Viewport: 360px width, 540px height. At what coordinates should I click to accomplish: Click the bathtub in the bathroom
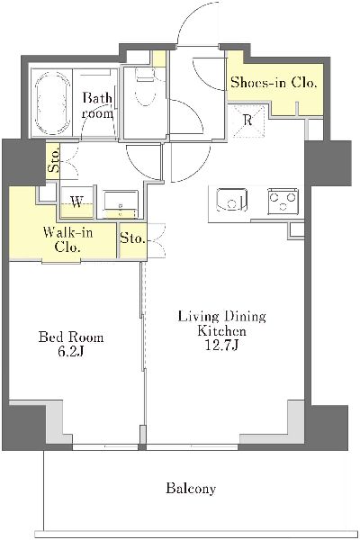[x=52, y=103]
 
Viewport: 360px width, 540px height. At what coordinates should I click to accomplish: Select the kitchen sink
[x=231, y=200]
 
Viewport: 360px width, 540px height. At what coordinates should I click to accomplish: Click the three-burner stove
[x=283, y=202]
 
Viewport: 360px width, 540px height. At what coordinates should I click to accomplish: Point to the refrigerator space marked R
[x=248, y=121]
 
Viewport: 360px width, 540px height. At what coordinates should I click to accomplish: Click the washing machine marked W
[x=76, y=202]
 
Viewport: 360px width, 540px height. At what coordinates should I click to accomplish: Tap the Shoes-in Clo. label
[x=274, y=83]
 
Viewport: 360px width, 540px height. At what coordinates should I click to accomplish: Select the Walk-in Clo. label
[x=67, y=239]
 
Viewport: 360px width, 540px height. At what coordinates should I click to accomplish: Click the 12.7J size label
[x=221, y=346]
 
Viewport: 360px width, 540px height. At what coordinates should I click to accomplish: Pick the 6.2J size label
[x=70, y=352]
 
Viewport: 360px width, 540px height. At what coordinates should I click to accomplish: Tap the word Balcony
[x=191, y=489]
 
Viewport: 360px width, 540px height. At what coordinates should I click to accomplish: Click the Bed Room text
[x=71, y=337]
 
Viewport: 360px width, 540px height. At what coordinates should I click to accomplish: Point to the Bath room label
[x=97, y=105]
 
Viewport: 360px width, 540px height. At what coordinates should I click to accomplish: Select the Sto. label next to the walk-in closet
[x=132, y=238]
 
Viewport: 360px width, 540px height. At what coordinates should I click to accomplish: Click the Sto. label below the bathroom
[x=54, y=160]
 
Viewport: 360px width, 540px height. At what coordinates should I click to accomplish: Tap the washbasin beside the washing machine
[x=121, y=204]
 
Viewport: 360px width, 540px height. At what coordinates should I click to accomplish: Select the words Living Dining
[x=222, y=317]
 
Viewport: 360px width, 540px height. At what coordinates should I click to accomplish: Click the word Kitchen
[x=221, y=331]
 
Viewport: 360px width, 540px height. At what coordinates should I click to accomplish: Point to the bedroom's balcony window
[x=105, y=447]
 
